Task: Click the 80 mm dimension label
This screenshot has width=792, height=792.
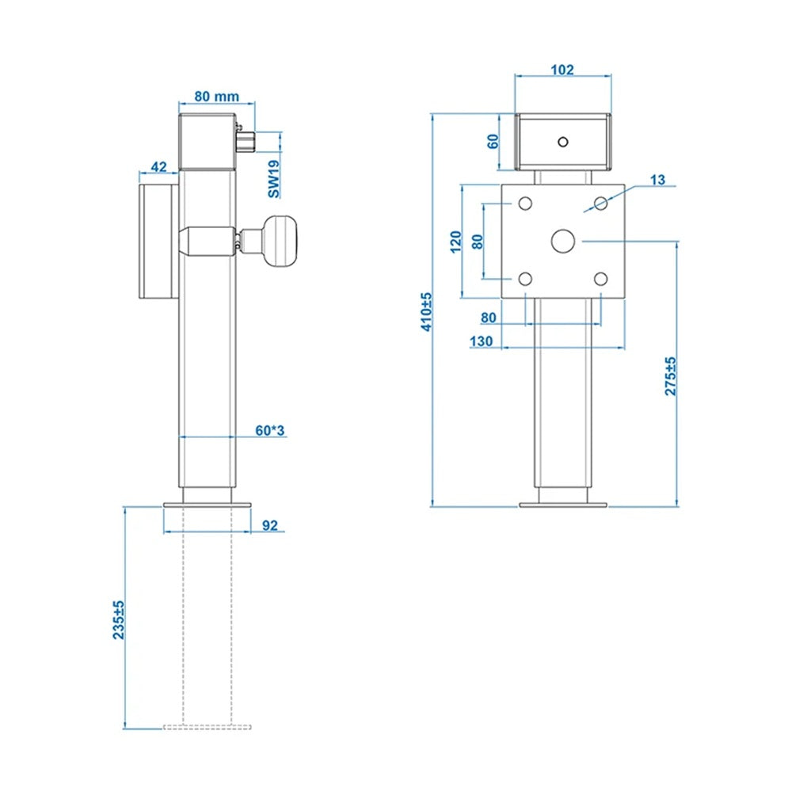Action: click(x=216, y=97)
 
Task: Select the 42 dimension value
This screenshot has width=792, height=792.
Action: click(x=158, y=166)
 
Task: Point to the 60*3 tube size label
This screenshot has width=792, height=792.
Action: click(x=269, y=430)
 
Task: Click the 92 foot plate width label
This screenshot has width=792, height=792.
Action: click(x=269, y=524)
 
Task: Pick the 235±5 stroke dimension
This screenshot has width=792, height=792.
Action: click(x=119, y=620)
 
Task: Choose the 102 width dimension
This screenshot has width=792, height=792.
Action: click(x=562, y=70)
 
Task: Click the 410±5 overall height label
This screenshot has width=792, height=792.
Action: click(x=426, y=311)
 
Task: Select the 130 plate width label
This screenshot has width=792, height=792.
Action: click(x=481, y=341)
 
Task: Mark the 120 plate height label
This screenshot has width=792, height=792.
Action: click(x=455, y=241)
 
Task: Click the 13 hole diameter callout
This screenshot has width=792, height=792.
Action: click(x=657, y=180)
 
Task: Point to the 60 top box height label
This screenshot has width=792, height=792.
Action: click(x=493, y=142)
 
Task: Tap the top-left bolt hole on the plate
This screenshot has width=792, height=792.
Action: click(x=525, y=204)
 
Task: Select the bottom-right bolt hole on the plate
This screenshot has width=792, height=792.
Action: click(x=601, y=279)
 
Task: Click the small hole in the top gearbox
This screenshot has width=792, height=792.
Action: click(x=562, y=143)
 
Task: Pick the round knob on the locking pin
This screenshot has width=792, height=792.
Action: click(x=282, y=241)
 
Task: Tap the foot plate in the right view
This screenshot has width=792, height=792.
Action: click(x=563, y=504)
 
